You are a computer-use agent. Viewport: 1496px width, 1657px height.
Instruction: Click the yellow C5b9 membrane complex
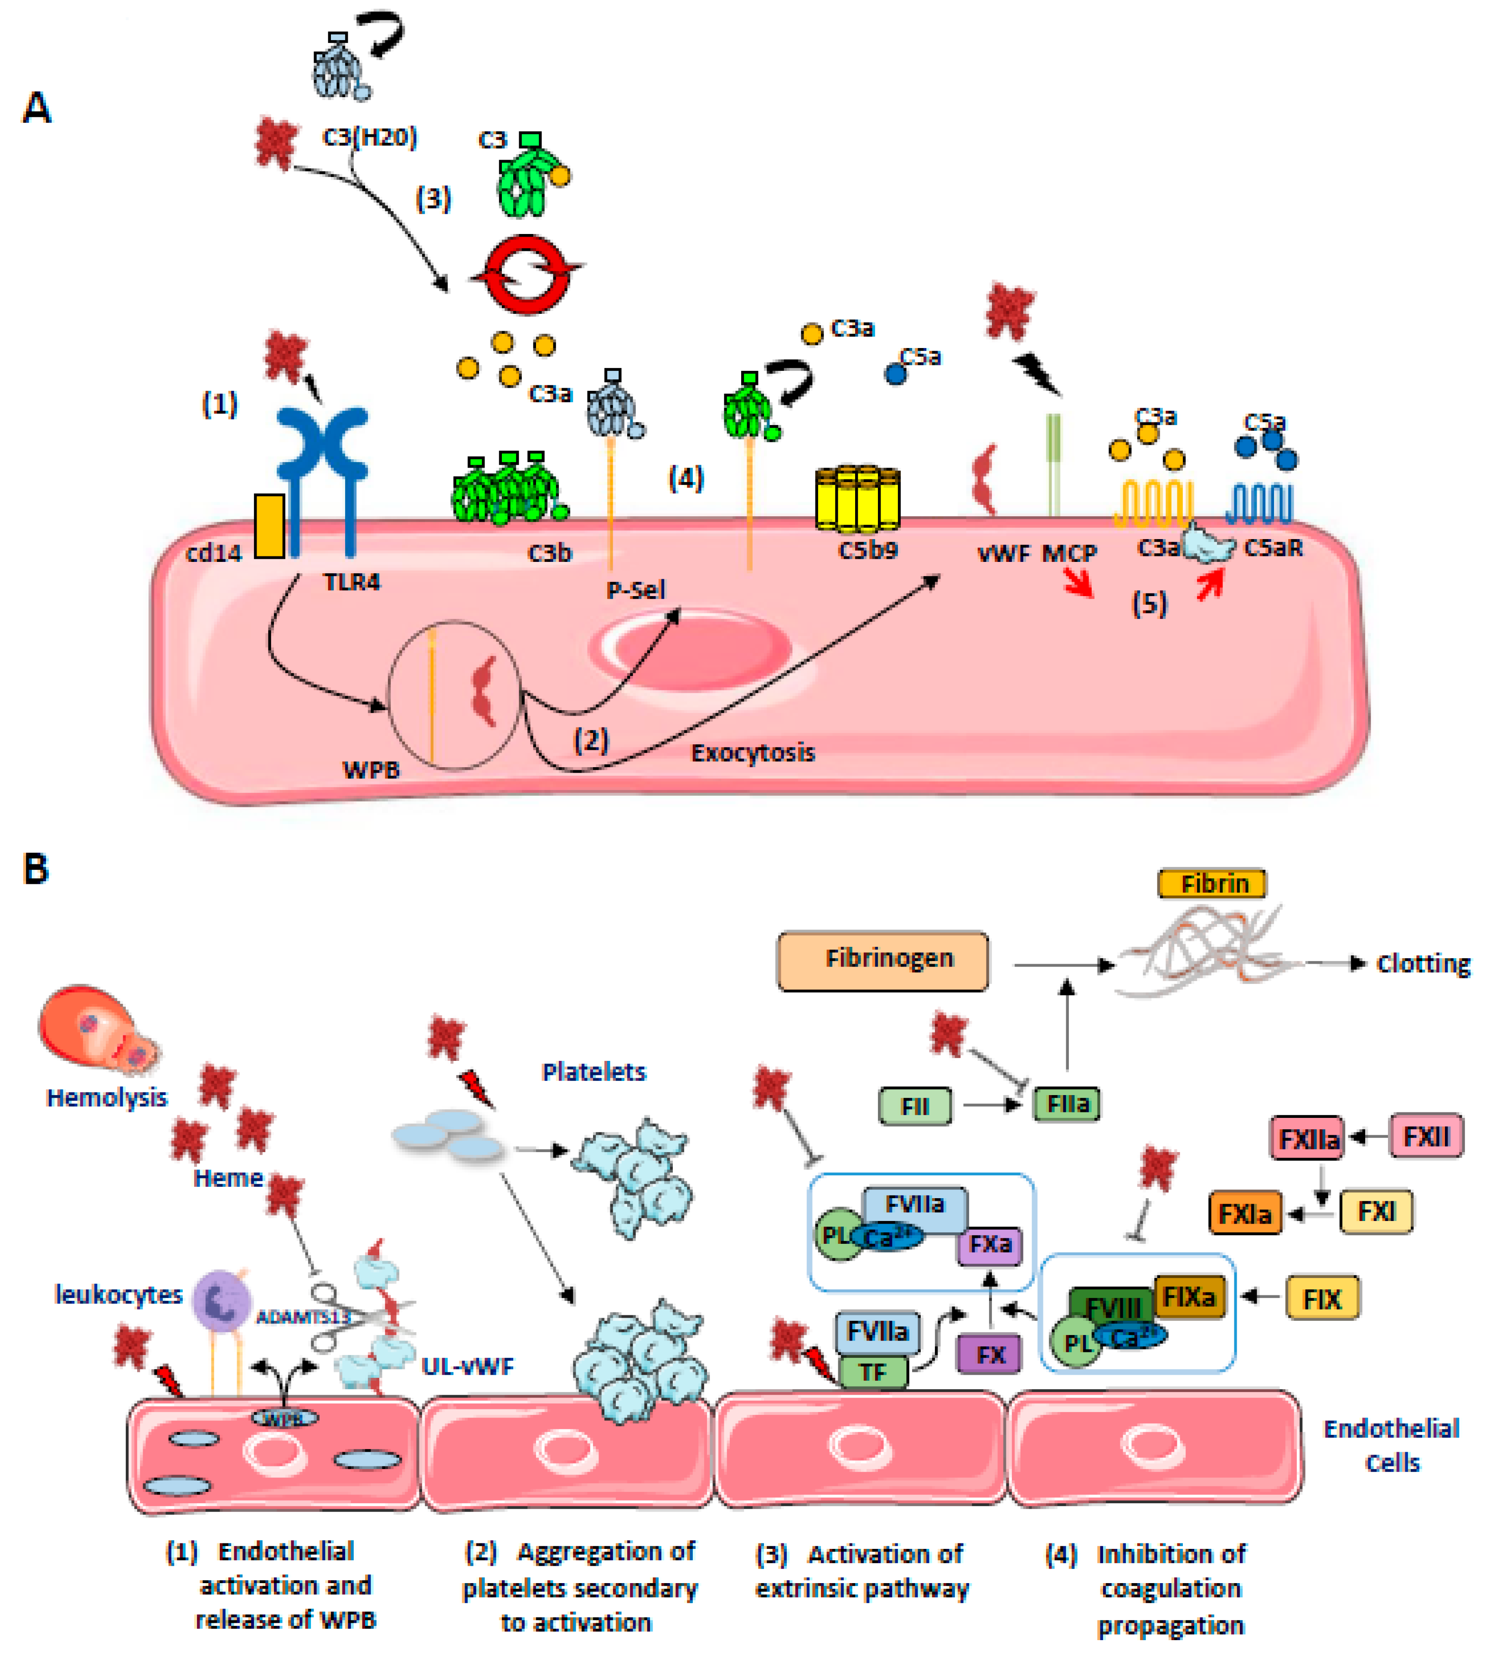pyautogui.click(x=857, y=497)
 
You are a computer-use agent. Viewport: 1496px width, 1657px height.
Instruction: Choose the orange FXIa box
pyautogui.click(x=1244, y=1213)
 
